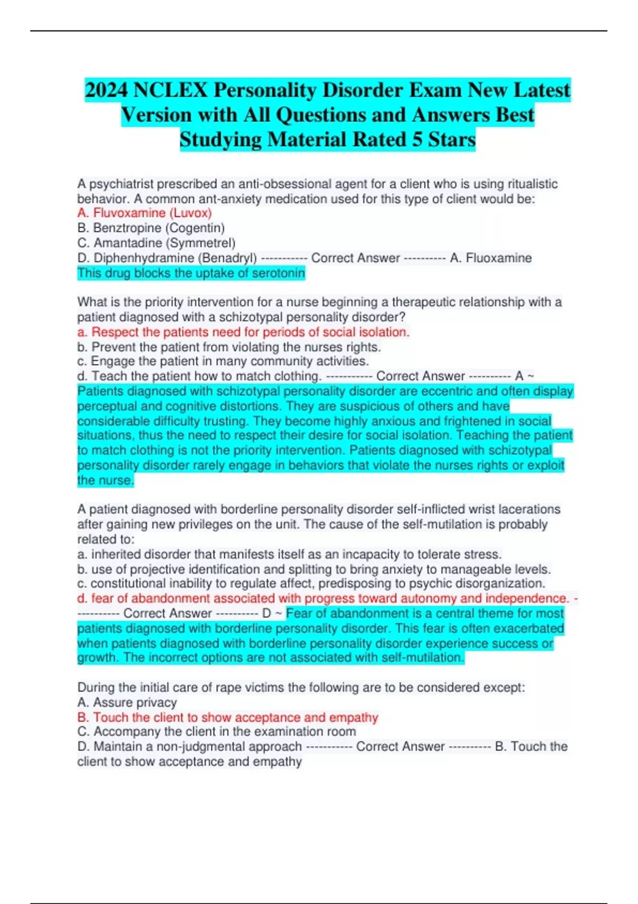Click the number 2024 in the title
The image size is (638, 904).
(106, 90)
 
